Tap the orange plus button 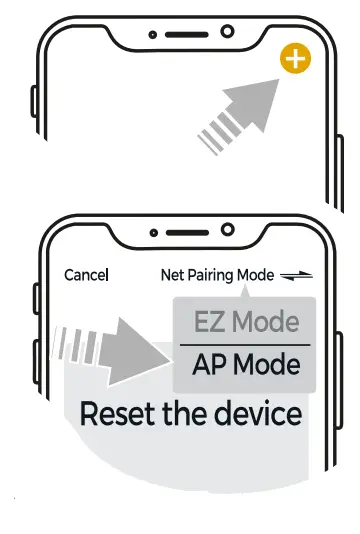point(295,60)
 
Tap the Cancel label point(86,275)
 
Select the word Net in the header point(171,275)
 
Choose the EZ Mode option point(245,322)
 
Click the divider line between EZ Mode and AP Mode point(245,345)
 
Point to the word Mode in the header point(255,275)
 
